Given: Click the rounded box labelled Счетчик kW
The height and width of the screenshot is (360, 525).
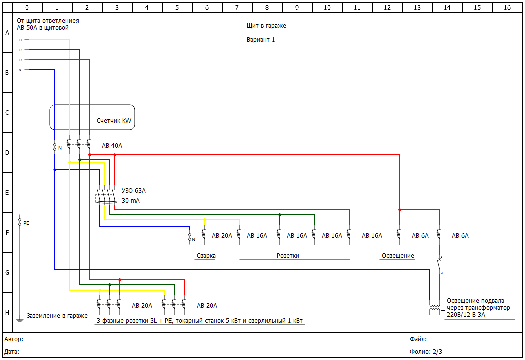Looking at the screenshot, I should pyautogui.click(x=92, y=117).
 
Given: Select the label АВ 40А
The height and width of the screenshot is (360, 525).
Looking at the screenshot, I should pyautogui.click(x=112, y=146).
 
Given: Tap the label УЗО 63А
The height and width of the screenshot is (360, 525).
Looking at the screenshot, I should pyautogui.click(x=133, y=191).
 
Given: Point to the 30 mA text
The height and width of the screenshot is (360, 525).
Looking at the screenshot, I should pyautogui.click(x=131, y=201).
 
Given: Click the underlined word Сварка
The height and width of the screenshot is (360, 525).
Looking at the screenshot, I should pyautogui.click(x=205, y=256).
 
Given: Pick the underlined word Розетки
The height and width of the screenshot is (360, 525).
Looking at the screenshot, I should pyautogui.click(x=288, y=256).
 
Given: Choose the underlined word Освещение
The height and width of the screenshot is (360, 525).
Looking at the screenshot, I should pyautogui.click(x=398, y=256).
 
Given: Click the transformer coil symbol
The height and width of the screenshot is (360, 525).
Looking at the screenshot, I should pyautogui.click(x=435, y=308).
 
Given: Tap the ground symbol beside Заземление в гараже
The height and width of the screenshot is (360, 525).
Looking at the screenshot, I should pyautogui.click(x=20, y=320).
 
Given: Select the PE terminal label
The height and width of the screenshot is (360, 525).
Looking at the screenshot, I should pyautogui.click(x=26, y=223).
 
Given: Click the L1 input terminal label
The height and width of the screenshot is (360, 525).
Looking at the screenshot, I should pyautogui.click(x=20, y=40).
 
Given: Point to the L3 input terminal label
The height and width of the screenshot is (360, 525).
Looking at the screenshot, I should pyautogui.click(x=20, y=60).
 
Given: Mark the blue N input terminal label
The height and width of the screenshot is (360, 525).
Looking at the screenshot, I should pyautogui.click(x=20, y=70).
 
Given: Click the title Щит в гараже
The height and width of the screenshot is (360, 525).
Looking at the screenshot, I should pyautogui.click(x=266, y=26).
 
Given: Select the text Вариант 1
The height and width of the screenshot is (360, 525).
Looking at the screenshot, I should pyautogui.click(x=261, y=40).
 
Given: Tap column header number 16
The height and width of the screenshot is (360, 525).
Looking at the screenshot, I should pyautogui.click(x=507, y=8).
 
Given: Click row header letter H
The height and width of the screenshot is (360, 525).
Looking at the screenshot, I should pyautogui.click(x=7, y=313).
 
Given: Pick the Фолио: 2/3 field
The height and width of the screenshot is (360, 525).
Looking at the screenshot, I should pyautogui.click(x=426, y=351).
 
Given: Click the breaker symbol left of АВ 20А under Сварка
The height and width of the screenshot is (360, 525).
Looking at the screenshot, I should pyautogui.click(x=204, y=235).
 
